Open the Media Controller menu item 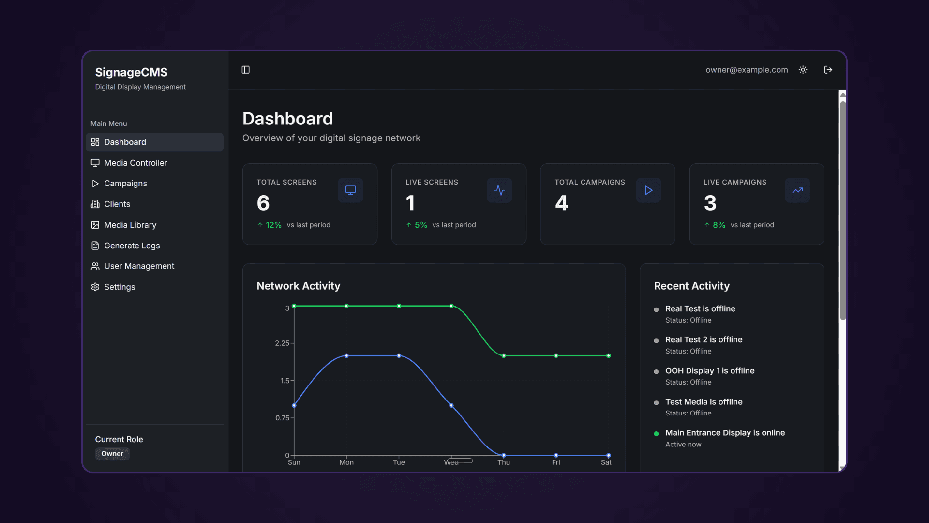click(135, 163)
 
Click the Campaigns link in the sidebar click(125, 184)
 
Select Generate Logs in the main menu click(132, 246)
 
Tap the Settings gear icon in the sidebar click(95, 287)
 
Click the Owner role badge click(112, 454)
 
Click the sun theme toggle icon click(803, 70)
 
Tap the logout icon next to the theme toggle click(828, 70)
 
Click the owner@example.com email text click(747, 70)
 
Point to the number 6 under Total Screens click(263, 203)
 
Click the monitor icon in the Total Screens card click(350, 190)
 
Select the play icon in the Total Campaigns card click(648, 190)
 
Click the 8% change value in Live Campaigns click(719, 225)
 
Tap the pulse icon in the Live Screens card click(499, 190)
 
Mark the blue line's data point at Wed click(451, 405)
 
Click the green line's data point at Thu click(504, 355)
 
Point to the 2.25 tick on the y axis click(282, 343)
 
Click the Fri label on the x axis click(556, 462)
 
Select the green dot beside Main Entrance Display click(656, 434)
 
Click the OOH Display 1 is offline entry click(709, 370)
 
